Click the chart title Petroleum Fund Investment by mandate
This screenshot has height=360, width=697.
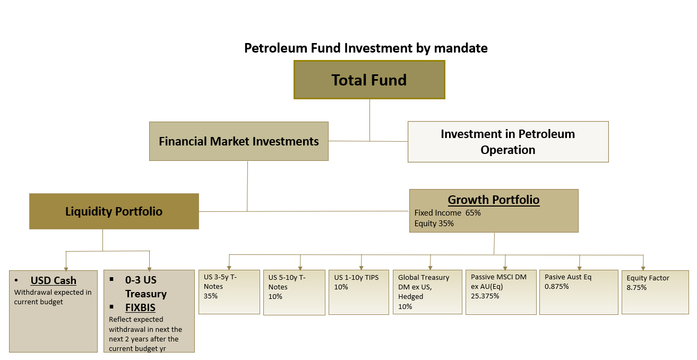366,48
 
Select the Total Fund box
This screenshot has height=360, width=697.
369,80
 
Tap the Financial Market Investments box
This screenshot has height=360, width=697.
239,141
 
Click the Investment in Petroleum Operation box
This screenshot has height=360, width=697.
508,142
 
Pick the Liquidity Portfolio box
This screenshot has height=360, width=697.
114,211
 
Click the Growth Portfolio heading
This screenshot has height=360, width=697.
494,200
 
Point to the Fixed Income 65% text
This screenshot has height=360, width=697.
448,213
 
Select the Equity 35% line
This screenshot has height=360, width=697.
434,224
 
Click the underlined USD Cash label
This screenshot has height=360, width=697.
54,280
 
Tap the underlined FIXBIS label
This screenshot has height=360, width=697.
140,307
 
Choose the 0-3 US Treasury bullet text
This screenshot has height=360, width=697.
146,287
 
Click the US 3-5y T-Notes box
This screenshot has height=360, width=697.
229,292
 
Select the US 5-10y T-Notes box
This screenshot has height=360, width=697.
295,293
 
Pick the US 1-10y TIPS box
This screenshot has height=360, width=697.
359,292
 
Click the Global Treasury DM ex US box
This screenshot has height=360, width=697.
427,292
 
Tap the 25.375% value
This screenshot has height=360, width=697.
485,296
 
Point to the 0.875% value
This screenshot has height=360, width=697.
557,286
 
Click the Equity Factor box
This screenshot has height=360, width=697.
655,292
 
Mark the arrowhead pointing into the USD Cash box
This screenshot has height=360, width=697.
66,269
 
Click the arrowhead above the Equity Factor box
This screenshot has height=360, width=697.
643,268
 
